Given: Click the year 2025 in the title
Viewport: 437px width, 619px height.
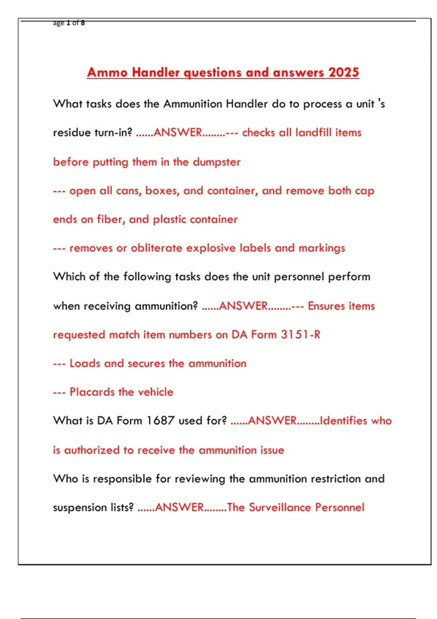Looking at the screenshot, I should point(344,72).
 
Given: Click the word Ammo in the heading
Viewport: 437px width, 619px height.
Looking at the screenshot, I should point(107,72).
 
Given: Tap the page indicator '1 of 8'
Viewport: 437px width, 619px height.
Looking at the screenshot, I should point(75,23).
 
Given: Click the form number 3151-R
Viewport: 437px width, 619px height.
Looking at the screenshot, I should point(300,334).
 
